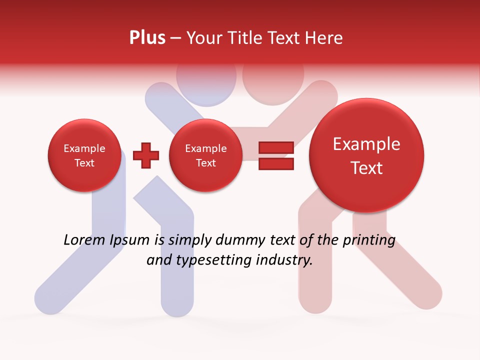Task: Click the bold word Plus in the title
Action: tap(147, 37)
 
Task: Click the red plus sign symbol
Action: tap(146, 155)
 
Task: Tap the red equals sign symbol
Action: tap(276, 155)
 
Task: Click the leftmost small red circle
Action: tap(84, 155)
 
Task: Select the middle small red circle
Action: tap(205, 155)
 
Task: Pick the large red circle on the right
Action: tap(366, 155)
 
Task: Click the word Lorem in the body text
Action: tap(83, 240)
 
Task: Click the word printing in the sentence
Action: tap(369, 240)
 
